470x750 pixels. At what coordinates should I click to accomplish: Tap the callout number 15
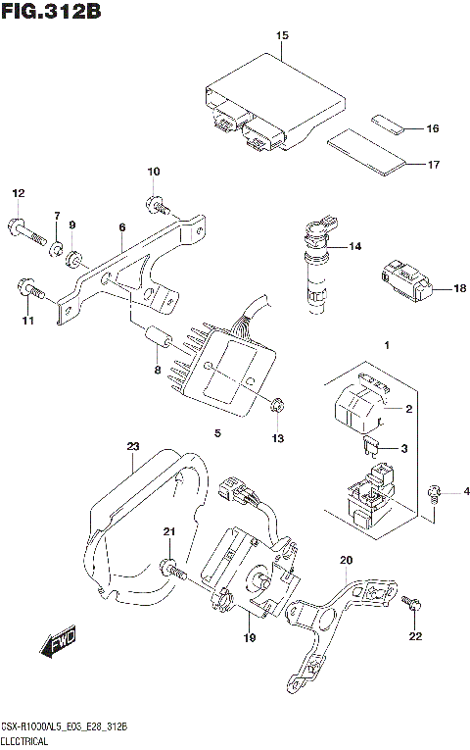coord(282,36)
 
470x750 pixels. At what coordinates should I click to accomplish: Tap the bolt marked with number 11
coord(29,289)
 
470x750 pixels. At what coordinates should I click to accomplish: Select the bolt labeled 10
coord(157,205)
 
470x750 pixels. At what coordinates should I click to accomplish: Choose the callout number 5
coord(217,432)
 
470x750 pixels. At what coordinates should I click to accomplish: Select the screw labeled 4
coord(435,491)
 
